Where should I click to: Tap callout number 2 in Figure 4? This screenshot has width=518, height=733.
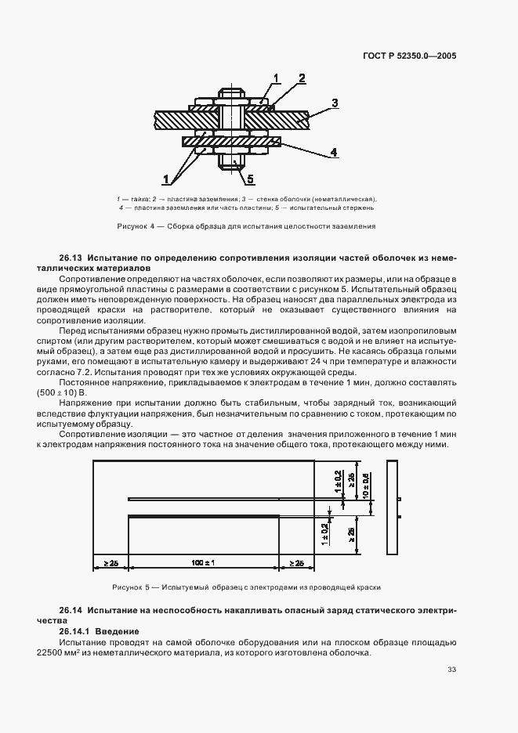(x=301, y=78)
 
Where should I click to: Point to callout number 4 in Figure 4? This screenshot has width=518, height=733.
(x=333, y=153)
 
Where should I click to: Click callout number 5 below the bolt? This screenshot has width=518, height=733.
(x=250, y=179)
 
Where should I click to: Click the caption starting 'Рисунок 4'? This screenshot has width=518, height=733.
(x=246, y=226)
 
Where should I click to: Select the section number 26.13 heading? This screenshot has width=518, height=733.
(x=71, y=257)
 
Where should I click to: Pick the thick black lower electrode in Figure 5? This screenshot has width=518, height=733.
(x=204, y=515)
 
